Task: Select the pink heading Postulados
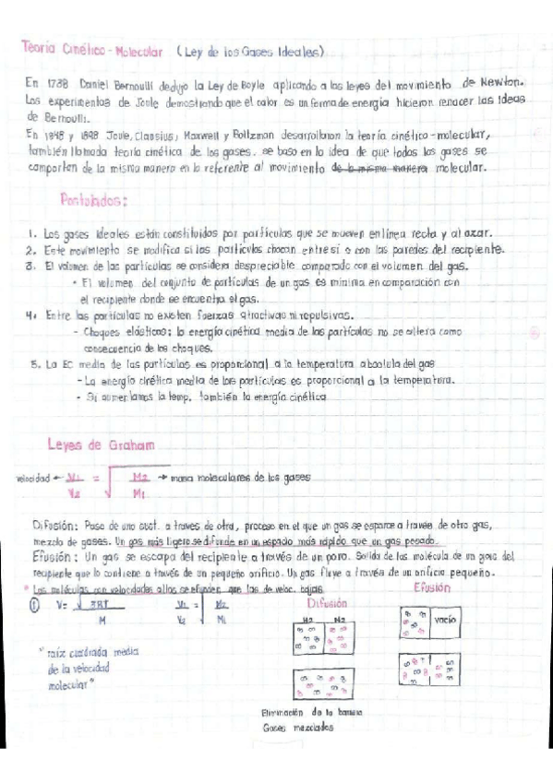pyautogui.click(x=93, y=198)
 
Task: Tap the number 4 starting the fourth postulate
pyautogui.click(x=31, y=314)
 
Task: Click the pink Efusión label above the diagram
pyautogui.click(x=433, y=587)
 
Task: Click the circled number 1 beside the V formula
pyautogui.click(x=35, y=605)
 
